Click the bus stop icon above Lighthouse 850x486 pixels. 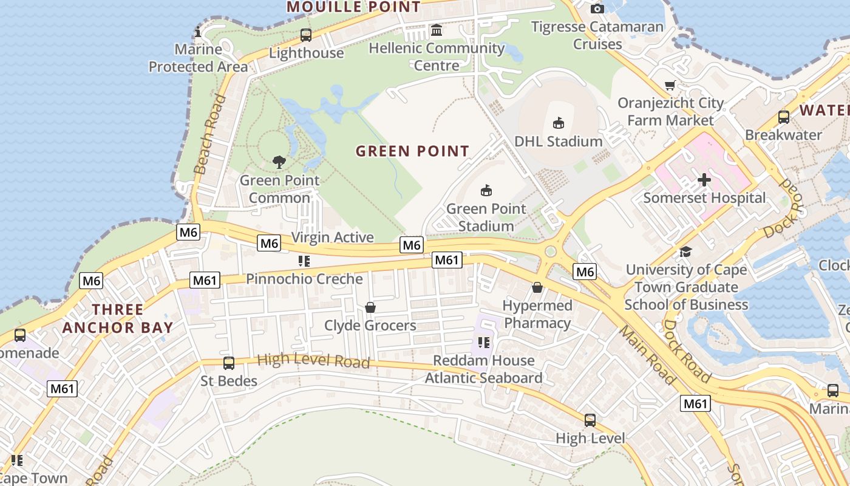[x=306, y=35]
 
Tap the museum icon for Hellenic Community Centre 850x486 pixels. [x=436, y=30]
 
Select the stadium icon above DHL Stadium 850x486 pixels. [x=558, y=123]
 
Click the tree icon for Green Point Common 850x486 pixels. [x=279, y=162]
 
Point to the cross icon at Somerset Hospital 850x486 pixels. [x=704, y=180]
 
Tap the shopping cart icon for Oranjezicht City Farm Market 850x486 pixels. [x=670, y=85]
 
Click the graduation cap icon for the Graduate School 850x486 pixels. [x=685, y=252]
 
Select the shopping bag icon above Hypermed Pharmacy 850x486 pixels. [x=537, y=287]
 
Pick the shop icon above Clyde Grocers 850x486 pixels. [x=370, y=308]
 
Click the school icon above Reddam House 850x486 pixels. [x=483, y=343]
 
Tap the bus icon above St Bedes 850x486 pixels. [x=229, y=363]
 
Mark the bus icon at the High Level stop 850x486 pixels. [x=590, y=420]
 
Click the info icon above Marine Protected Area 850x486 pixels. [x=197, y=32]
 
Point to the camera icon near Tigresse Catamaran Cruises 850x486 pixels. [x=597, y=9]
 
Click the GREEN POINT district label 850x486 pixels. [x=412, y=151]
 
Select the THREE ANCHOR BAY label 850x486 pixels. [x=117, y=318]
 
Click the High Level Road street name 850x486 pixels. [x=313, y=360]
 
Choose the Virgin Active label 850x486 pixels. [x=332, y=238]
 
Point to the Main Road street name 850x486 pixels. [x=647, y=355]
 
